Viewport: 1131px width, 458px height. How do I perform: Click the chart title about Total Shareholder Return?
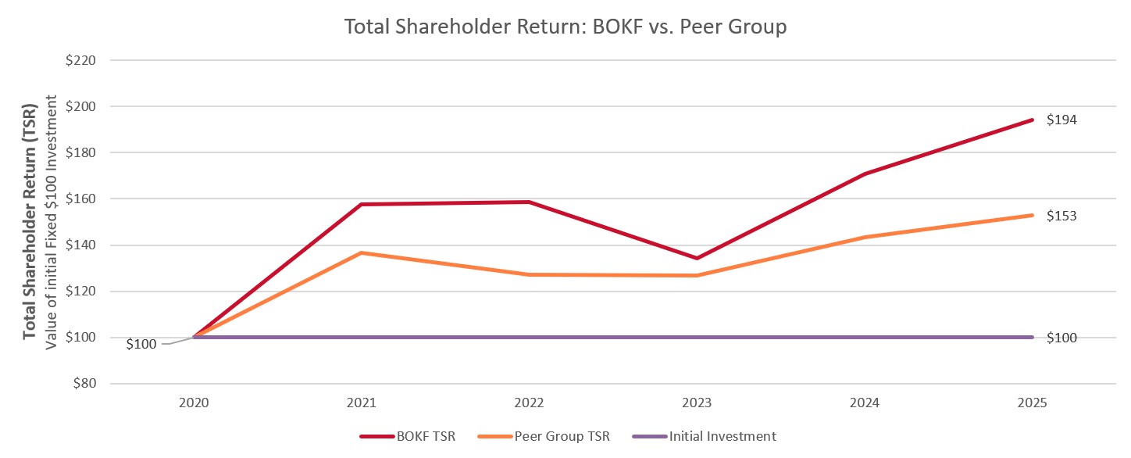(565, 27)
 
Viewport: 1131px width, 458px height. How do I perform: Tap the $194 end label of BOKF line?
(1061, 120)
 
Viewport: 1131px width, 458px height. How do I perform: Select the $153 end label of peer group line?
(1061, 216)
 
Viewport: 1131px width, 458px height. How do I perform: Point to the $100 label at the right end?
(1061, 338)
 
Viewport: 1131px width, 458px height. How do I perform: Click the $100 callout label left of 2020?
(141, 344)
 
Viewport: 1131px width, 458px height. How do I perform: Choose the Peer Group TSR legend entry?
(552, 437)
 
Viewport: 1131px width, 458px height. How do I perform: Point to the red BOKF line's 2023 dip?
(697, 258)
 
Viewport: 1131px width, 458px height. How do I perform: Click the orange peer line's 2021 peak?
(362, 252)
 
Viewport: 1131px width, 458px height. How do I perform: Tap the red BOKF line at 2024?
(865, 174)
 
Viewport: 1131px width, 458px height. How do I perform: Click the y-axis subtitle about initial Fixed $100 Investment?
(52, 222)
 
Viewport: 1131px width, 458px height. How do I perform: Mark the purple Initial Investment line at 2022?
(529, 338)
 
